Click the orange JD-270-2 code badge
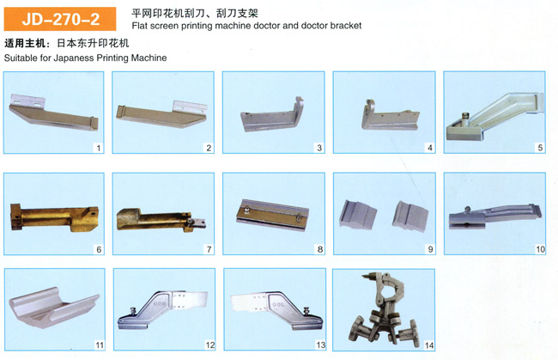[60, 19]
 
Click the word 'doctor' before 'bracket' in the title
[314, 26]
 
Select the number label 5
[540, 148]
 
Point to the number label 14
[429, 345]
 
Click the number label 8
[320, 249]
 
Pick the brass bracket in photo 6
[54, 217]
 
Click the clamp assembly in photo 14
[383, 308]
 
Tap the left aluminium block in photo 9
[358, 214]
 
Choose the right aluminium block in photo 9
[410, 217]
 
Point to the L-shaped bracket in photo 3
[272, 116]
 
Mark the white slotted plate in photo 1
[27, 100]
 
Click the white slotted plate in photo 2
[190, 107]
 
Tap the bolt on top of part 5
[465, 117]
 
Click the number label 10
[540, 249]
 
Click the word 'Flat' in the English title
[139, 26]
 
